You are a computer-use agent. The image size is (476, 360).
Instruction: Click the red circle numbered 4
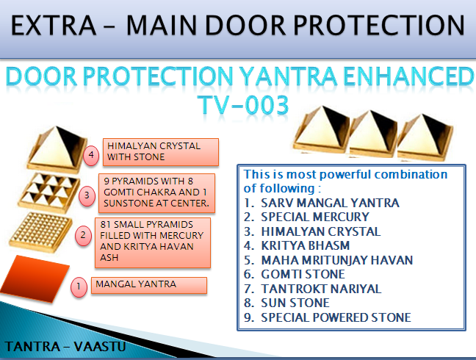91,156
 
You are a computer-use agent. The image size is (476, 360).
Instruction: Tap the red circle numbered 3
87,195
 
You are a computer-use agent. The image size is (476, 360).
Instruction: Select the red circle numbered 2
83,236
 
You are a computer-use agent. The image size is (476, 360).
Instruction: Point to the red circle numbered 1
79,287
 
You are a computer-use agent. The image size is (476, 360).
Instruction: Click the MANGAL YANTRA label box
149,285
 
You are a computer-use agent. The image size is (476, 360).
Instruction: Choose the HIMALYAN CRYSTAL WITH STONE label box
161,152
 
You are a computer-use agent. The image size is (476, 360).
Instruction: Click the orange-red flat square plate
35,279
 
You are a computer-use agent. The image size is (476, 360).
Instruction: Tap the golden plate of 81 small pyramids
41,232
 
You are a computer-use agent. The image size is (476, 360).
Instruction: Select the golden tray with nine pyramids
49,192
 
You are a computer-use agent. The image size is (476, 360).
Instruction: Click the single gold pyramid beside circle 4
57,149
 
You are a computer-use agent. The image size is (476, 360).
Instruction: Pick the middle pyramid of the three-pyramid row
373,134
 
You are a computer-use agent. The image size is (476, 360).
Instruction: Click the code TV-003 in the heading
243,105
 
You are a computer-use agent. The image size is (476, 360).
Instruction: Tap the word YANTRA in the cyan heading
289,76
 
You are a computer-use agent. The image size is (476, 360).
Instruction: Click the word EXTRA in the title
54,26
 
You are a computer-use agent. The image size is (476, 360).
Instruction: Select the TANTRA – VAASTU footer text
65,347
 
